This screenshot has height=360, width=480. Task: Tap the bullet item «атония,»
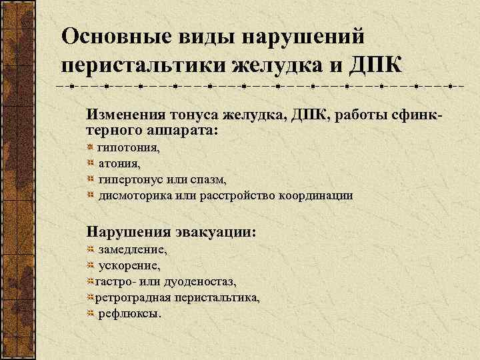pyautogui.click(x=120, y=163)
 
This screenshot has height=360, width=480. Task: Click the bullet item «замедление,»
pyautogui.click(x=133, y=250)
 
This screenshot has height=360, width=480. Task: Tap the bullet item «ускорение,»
pyautogui.click(x=129, y=266)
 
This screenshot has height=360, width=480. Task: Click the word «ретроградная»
pyautogui.click(x=130, y=297)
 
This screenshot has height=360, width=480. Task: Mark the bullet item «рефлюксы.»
pyautogui.click(x=130, y=313)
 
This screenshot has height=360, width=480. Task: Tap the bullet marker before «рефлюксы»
pyautogui.click(x=91, y=313)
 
